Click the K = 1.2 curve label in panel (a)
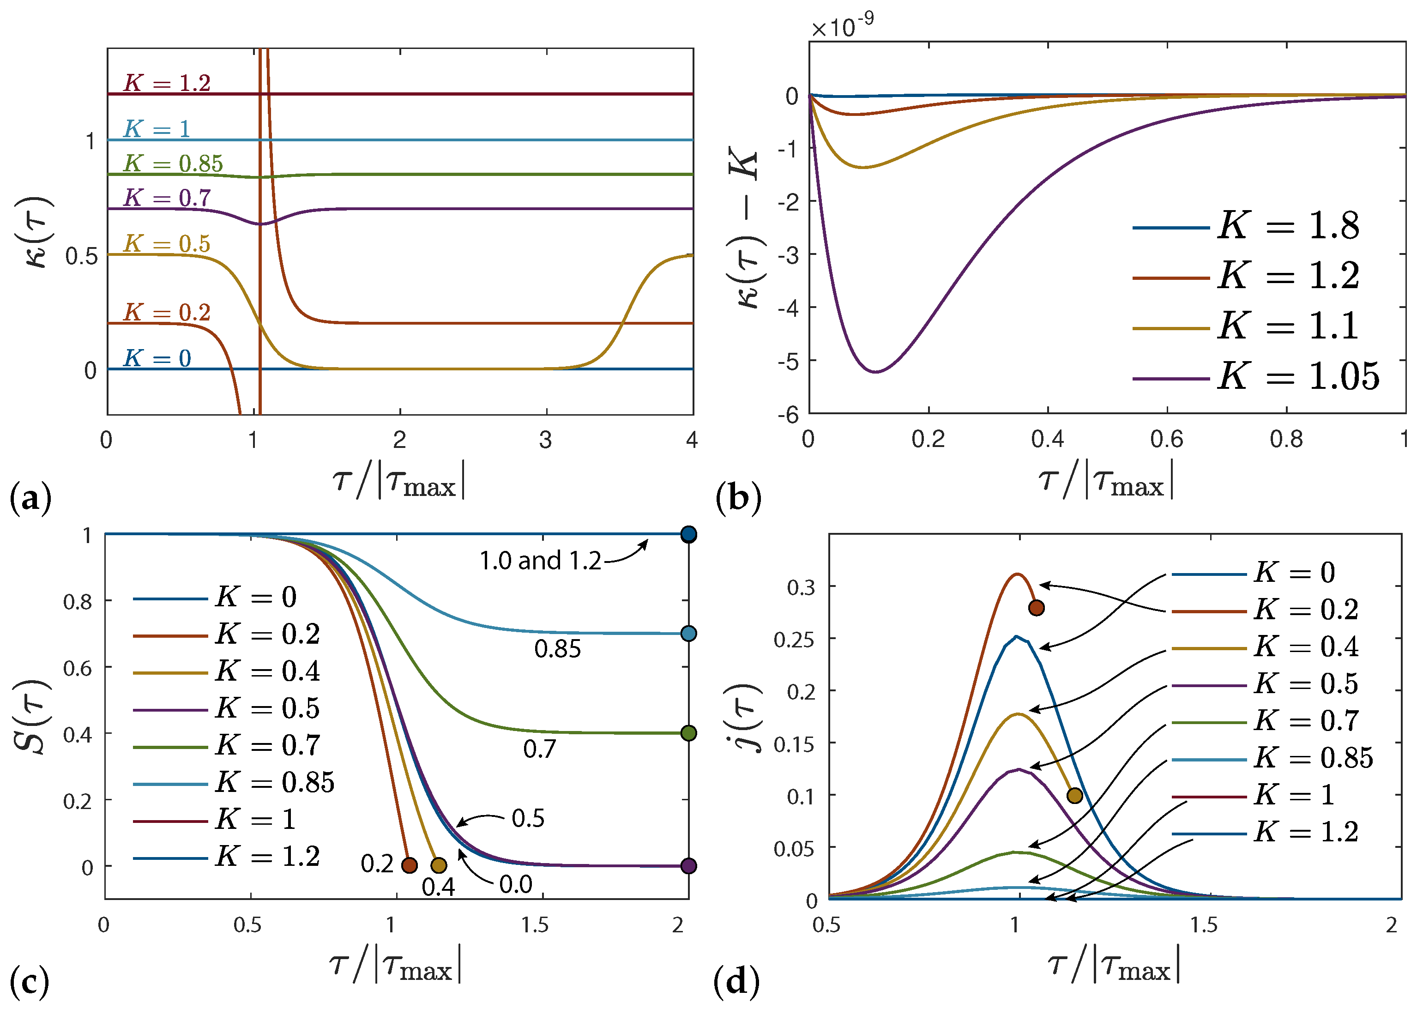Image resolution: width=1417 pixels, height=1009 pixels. (167, 83)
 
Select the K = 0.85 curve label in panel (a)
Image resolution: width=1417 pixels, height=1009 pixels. (173, 163)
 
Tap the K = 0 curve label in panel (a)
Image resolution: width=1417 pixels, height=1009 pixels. (157, 358)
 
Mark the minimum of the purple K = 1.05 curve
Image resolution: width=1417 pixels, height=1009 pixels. (876, 372)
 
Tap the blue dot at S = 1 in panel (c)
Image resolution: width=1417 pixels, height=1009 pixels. (688, 534)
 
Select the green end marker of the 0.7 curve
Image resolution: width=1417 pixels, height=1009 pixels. (688, 733)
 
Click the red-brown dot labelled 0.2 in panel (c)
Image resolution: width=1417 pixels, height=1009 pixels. (409, 865)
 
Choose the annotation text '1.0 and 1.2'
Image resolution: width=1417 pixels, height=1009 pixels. (539, 561)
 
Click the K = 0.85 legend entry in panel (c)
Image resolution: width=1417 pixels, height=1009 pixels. (274, 782)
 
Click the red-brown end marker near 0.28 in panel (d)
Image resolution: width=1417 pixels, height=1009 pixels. (1036, 608)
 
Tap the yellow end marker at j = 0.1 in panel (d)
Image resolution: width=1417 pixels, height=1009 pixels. (1074, 795)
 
